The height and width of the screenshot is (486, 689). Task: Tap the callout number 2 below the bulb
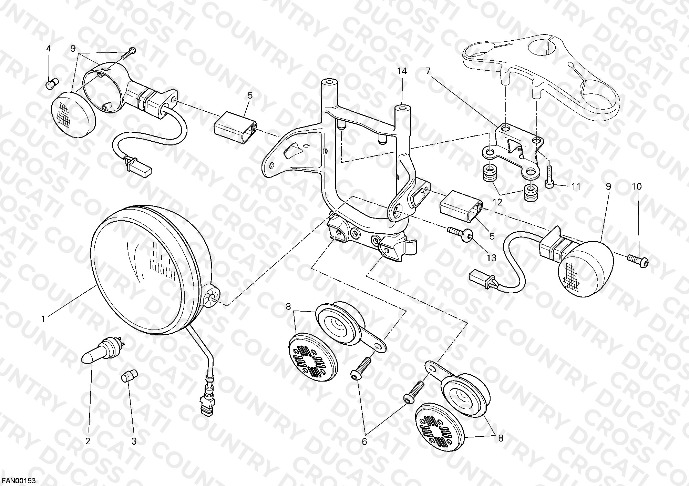pos(88,441)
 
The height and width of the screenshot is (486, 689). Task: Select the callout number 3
pos(134,441)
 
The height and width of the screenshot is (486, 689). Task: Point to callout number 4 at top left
pos(49,49)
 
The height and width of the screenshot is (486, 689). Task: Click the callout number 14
pos(402,71)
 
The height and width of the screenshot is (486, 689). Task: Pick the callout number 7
pos(428,71)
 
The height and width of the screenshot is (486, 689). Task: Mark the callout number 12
pos(497,202)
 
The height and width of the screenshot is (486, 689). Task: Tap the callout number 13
pos(491,257)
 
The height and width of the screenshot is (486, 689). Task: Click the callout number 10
pos(637,186)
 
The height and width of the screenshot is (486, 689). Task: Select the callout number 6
pos(364,441)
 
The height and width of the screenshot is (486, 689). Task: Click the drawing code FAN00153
pos(19,480)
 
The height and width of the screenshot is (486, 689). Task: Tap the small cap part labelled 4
pos(52,83)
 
